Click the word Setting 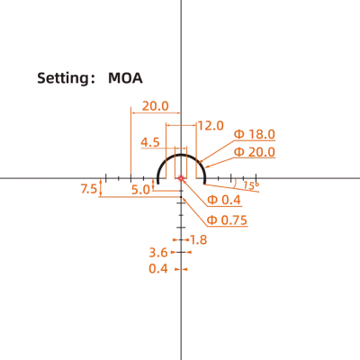pos(61,78)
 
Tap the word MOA pos(125,78)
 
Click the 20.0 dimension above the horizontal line pos(156,106)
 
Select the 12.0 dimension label pos(211,126)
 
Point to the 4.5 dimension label pos(150,142)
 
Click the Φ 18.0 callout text pos(255,134)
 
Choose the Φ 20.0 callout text pos(255,152)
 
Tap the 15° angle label pos(251,185)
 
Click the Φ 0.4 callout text pos(224,200)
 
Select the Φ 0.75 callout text pos(227,220)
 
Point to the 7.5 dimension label pos(89,189)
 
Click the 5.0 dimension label pos(140,190)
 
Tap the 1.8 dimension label pos(199,239)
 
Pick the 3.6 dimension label pos(158,253)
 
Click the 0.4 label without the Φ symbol pos(158,268)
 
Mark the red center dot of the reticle pos(181,178)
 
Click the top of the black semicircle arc pos(181,155)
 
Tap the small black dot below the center pos(181,197)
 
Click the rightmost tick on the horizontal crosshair pos(256,177)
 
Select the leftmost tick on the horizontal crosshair pos(106,177)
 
